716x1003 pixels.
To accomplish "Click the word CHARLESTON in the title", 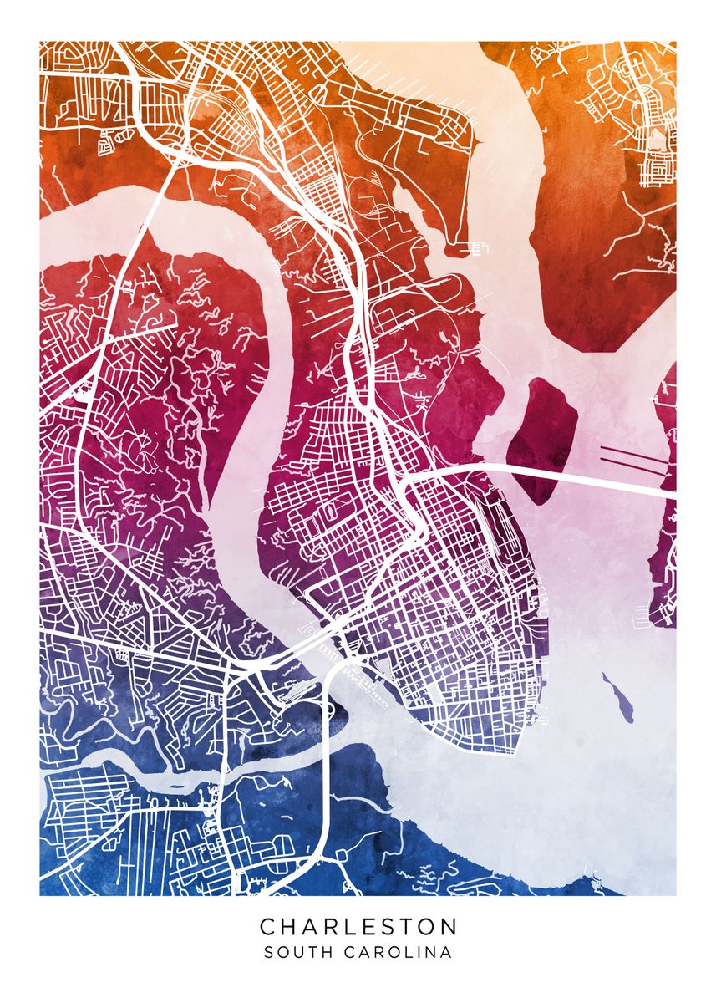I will click(x=358, y=926).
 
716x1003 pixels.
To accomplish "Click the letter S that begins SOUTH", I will click(x=268, y=952).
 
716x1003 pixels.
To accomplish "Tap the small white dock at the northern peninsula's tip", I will click(x=478, y=248).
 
